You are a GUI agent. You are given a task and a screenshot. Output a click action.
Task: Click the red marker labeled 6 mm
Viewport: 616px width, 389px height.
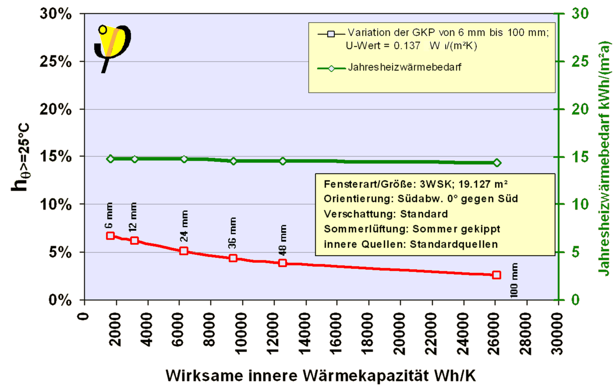110,236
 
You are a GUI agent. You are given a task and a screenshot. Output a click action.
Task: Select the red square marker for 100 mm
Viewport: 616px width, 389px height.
496,275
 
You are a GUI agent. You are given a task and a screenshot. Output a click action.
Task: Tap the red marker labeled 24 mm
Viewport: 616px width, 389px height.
184,251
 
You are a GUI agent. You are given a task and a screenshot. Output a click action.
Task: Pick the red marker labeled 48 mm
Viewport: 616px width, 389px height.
283,263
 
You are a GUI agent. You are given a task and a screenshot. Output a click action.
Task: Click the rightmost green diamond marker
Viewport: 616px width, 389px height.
497,163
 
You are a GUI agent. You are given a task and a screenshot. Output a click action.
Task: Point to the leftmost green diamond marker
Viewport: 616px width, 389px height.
110,159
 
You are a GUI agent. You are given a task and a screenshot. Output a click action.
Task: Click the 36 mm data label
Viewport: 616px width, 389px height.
232,232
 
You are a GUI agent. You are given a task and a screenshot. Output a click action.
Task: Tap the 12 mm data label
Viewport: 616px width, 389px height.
133,217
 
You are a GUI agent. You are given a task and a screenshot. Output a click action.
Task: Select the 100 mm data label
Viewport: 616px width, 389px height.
514,280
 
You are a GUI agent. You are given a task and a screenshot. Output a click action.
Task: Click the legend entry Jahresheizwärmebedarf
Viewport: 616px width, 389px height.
404,68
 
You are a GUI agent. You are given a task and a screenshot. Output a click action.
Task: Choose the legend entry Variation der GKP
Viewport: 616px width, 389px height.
448,33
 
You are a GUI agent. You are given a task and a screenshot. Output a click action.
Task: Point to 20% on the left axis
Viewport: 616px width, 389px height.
56,109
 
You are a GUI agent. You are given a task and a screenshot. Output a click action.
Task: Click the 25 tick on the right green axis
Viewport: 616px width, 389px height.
580,61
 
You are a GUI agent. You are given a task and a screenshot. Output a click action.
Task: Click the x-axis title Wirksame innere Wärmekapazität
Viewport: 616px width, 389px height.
320,376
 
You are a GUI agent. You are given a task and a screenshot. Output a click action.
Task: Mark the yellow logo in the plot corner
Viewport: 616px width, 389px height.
113,46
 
